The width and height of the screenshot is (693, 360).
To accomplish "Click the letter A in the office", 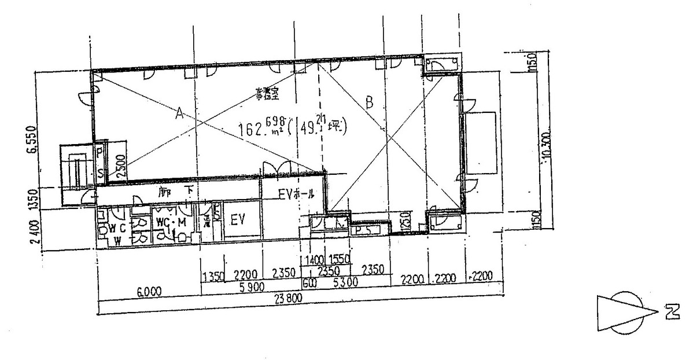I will point(179,114).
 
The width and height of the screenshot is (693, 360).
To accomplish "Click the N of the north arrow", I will point(671,313).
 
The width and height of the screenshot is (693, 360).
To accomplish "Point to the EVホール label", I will point(296,195).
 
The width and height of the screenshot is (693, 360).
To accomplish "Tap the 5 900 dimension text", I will point(248,285).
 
